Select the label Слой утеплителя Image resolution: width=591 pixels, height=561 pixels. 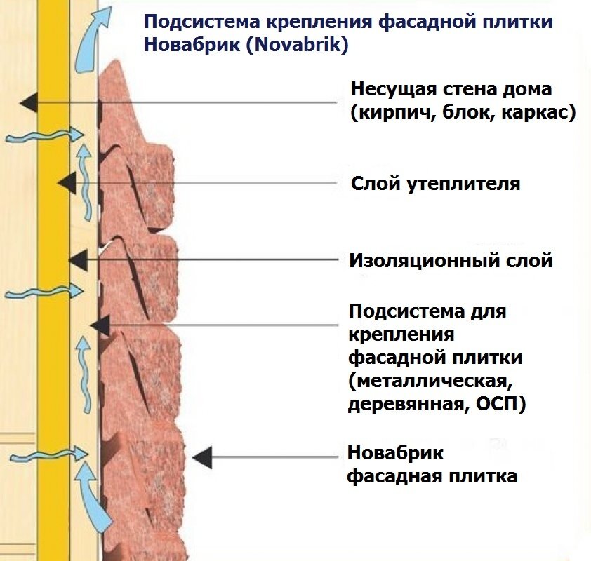click(435, 184)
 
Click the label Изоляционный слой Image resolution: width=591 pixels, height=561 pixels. click(451, 261)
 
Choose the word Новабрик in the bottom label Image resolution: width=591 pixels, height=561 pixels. click(395, 453)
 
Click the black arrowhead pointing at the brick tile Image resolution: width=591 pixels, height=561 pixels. click(202, 457)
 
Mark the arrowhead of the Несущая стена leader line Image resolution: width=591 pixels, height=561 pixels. click(28, 103)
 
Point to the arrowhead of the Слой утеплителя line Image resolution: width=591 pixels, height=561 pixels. click(67, 183)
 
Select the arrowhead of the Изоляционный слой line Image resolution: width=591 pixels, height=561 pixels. click(77, 260)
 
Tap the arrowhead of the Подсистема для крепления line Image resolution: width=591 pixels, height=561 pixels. click(100, 325)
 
